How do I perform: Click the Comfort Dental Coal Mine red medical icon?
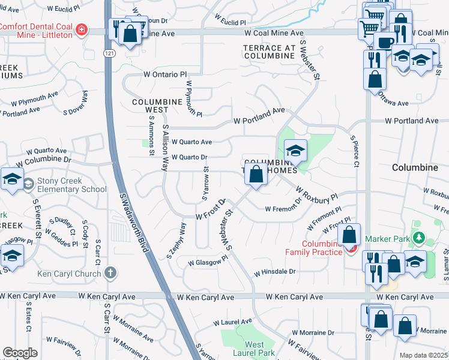point(81,30)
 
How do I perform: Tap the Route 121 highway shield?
point(106,54)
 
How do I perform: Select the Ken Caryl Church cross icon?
point(109,273)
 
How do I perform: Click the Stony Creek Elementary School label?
point(72,185)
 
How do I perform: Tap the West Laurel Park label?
point(254,349)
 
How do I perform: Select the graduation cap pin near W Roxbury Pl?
point(295,151)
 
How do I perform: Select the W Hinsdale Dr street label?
point(275,272)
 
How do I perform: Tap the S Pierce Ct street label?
point(355,151)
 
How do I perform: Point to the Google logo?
point(20,353)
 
